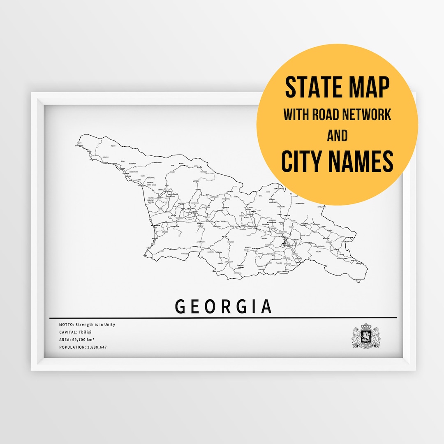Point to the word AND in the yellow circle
click(x=337, y=136)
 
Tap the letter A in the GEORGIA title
click(x=266, y=307)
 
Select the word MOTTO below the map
click(x=66, y=325)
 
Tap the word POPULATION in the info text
click(x=72, y=347)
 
